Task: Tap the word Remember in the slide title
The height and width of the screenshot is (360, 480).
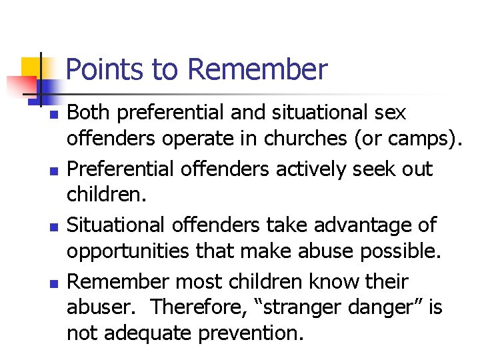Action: coord(258,69)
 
